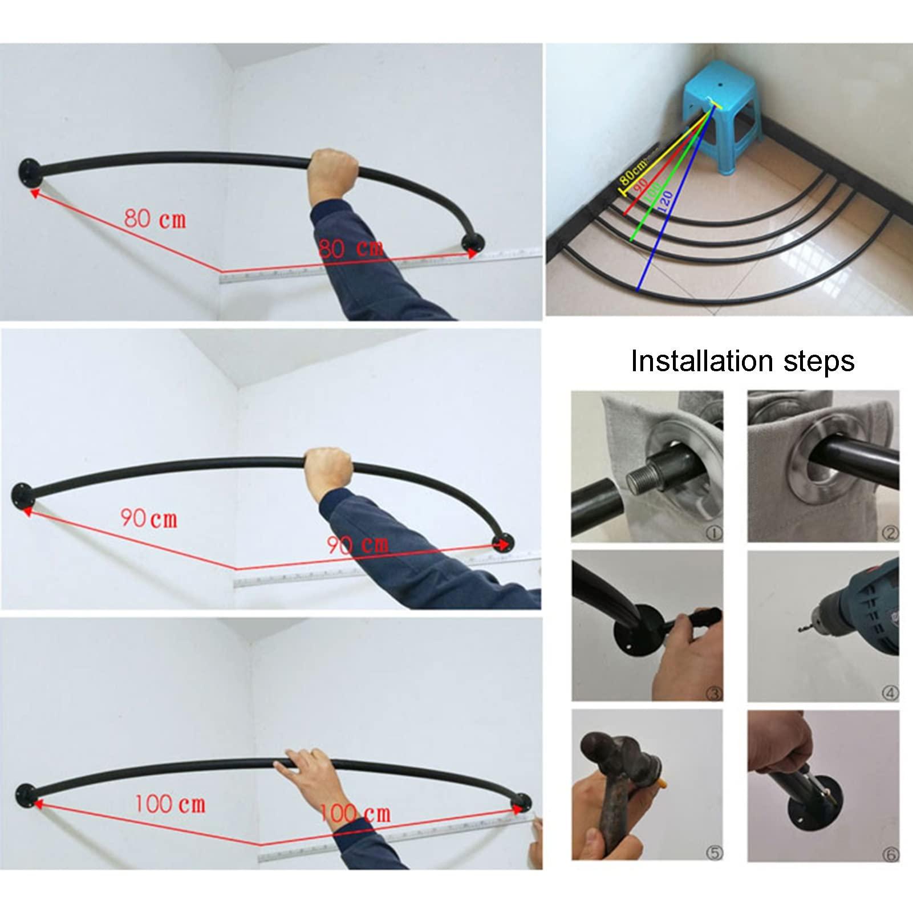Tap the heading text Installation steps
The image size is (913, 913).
point(742,361)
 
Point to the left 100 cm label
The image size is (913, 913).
point(169,804)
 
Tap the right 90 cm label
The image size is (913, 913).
point(358,545)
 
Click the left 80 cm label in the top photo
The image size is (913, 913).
point(155,218)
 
